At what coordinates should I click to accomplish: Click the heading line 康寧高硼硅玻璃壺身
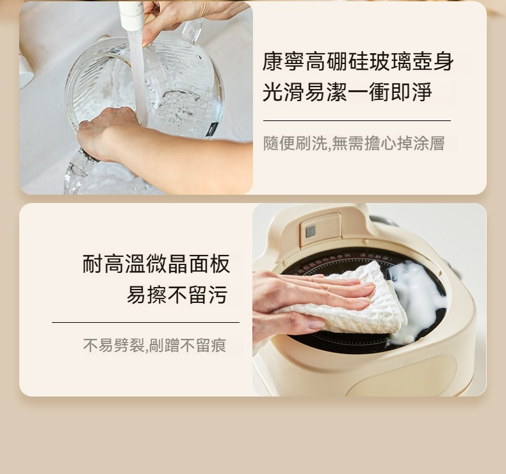358,61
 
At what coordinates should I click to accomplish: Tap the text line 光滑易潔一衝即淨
347,92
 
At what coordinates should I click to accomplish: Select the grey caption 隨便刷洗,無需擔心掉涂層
354,143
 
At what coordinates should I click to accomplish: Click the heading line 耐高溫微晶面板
156,264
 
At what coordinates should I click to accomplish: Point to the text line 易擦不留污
177,295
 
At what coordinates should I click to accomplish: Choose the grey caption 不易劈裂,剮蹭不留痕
154,345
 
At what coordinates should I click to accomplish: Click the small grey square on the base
311,231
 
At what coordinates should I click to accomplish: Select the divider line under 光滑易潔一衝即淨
357,120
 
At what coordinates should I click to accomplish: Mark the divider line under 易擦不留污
145,322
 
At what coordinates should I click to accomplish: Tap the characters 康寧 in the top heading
283,61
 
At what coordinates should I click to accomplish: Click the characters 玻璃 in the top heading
390,61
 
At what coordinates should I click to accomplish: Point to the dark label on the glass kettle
212,129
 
